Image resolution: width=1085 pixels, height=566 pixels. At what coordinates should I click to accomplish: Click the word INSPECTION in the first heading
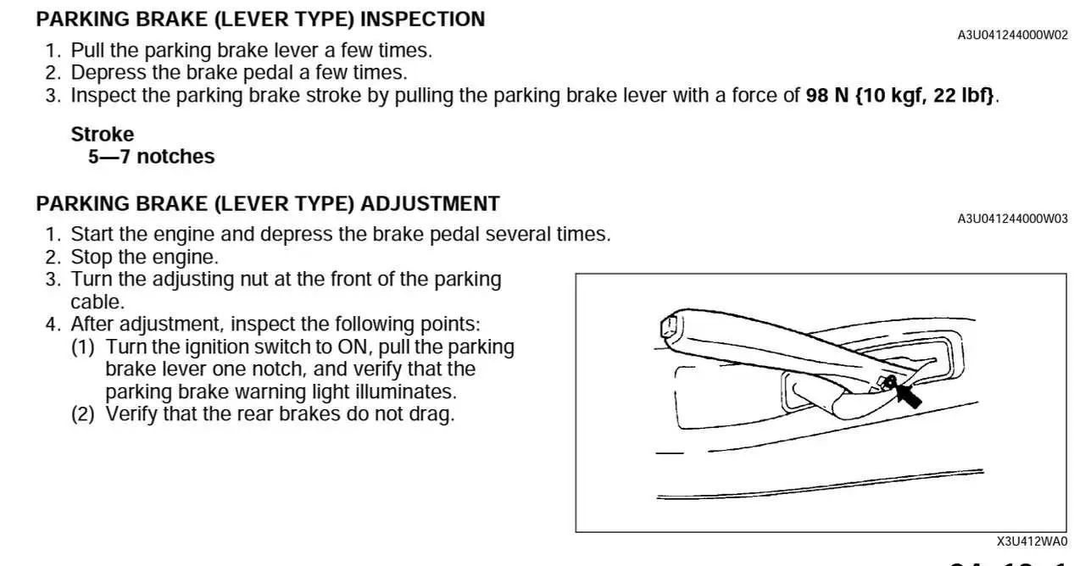pos(422,19)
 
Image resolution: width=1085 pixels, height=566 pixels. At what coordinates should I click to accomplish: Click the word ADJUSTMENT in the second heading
pos(430,204)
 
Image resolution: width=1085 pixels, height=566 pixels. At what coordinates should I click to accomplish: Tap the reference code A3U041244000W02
pos(1012,36)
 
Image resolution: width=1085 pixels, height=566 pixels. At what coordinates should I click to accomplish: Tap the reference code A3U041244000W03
pos(1012,219)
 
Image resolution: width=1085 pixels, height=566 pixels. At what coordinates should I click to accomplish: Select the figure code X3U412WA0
pos(1032,541)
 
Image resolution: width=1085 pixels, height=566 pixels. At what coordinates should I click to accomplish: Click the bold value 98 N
pos(827,96)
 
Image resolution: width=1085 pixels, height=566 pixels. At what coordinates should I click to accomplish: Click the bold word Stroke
pos(103,134)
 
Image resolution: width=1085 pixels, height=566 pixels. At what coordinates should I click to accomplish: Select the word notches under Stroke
pos(175,157)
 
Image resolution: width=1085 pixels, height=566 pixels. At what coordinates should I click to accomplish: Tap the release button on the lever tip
pos(668,327)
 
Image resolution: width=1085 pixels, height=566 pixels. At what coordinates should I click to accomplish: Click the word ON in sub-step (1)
pos(354,347)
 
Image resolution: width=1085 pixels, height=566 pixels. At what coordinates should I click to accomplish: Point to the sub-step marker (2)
pos(83,414)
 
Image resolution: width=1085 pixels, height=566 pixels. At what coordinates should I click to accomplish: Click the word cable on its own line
pos(97,302)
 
